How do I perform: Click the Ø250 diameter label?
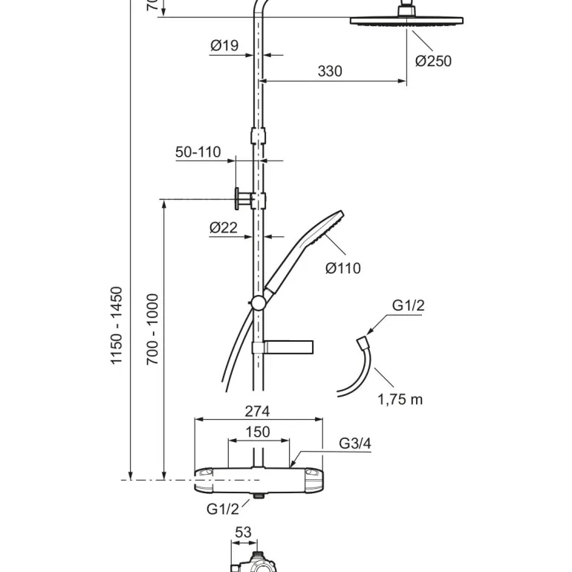point(433,61)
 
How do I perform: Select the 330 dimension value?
point(330,71)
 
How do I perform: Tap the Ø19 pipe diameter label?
point(224,46)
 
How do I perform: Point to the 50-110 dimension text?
point(198,152)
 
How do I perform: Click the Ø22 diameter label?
point(224,228)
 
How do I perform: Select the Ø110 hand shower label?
point(343,268)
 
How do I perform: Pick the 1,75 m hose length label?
point(400,400)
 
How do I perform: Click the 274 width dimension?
point(257,412)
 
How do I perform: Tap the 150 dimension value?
point(257,432)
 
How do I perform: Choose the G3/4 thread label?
point(355,443)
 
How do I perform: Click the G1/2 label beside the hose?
point(409,306)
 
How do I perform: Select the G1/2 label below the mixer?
point(223,509)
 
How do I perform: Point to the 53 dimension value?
point(243,532)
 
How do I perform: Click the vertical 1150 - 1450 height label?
point(117,325)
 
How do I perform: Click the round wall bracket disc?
point(236,200)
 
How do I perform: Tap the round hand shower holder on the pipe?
point(257,302)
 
